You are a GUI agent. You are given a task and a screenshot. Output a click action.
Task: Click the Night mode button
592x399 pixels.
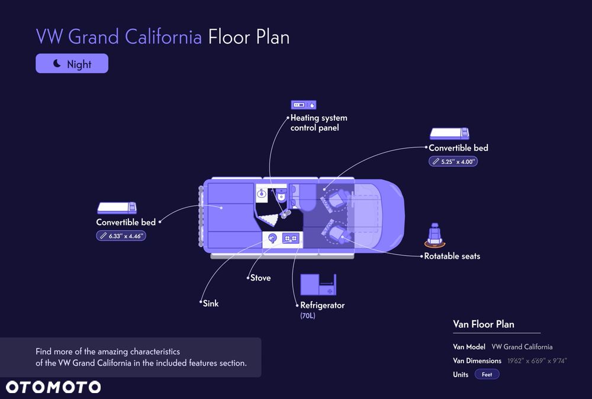pos(72,63)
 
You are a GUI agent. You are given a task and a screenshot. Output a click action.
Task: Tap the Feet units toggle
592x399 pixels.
pos(487,375)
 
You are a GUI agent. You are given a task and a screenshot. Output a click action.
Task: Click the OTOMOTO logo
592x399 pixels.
pos(53,387)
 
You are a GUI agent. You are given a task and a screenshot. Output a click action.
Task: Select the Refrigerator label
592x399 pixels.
pos(322,305)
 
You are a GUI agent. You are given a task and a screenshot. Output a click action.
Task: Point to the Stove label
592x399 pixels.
pos(260,278)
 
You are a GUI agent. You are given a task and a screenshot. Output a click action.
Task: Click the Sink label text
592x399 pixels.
pos(211,304)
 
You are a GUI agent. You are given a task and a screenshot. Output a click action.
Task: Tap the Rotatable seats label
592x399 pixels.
pos(452,256)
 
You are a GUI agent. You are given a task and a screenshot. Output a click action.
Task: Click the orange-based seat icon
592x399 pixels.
pos(435,235)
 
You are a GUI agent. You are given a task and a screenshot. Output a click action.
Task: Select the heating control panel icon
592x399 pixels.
pos(304,105)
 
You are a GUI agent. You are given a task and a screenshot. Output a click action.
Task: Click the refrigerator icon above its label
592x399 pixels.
pos(318,285)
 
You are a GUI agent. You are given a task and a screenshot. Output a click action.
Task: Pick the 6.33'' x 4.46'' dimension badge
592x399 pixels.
pos(121,236)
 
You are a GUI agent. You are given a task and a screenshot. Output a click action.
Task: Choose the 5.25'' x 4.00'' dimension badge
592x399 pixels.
pos(453,162)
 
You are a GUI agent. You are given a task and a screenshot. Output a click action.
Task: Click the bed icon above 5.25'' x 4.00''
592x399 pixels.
pos(449,134)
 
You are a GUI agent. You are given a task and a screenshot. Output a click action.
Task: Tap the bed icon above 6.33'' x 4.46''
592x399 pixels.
pos(117,208)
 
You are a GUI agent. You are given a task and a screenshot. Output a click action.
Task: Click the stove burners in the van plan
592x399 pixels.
pos(291,238)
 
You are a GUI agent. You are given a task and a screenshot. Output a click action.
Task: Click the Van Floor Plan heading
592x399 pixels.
pos(483,324)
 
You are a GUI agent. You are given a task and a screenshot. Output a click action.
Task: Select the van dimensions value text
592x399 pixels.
pos(537,361)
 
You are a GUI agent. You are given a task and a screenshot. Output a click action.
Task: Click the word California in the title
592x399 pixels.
pos(163,37)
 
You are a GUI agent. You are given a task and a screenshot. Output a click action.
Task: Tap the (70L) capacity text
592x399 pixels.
pos(308,316)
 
